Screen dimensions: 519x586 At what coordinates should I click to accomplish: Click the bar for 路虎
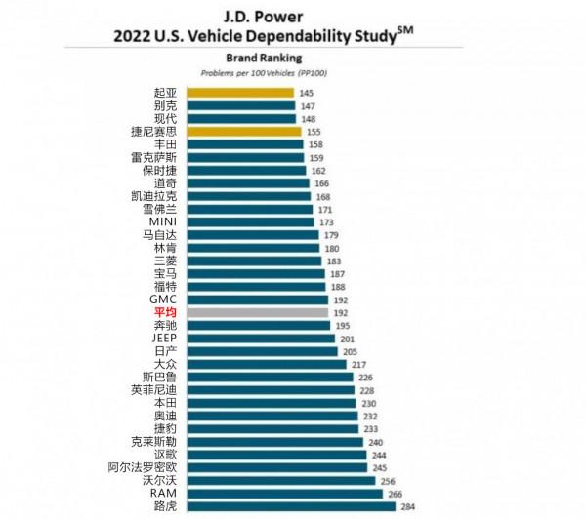(288, 505)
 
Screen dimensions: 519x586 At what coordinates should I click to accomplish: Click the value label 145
(307, 93)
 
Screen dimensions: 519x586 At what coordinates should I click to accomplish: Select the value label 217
(359, 364)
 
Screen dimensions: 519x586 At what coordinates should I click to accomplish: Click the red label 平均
(162, 311)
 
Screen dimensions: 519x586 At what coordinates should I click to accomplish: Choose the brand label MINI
(161, 221)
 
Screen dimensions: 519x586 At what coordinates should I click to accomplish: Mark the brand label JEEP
(163, 338)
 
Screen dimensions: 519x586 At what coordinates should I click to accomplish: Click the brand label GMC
(162, 299)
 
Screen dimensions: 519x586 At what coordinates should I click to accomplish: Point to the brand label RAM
(163, 493)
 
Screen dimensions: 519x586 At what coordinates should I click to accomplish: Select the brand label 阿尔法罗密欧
(142, 467)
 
